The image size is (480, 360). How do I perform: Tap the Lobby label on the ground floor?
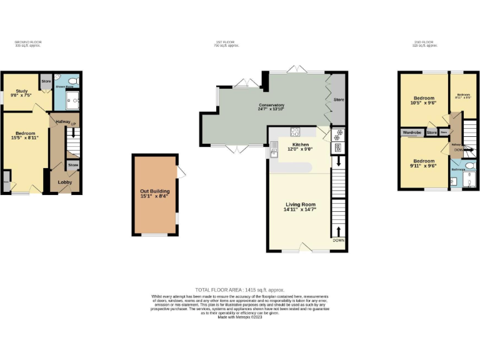pyautogui.click(x=65, y=182)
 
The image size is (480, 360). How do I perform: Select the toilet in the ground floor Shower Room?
pyautogui.click(x=72, y=82)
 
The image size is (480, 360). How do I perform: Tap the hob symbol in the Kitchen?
pyautogui.click(x=295, y=132)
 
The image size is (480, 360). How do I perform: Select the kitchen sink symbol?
pyautogui.click(x=274, y=152)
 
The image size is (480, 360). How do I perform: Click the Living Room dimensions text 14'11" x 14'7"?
pyautogui.click(x=300, y=210)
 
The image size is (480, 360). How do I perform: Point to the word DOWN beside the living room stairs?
pyautogui.click(x=338, y=241)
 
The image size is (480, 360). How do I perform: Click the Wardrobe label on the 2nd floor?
pyautogui.click(x=411, y=132)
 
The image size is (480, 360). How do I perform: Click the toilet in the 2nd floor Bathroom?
pyautogui.click(x=469, y=166)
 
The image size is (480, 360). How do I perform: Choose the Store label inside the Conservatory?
pyautogui.click(x=339, y=99)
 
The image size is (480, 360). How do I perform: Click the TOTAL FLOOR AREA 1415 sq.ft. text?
pyautogui.click(x=239, y=290)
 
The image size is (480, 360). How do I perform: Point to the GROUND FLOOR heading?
pyautogui.click(x=27, y=42)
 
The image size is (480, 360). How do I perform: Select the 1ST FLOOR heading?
pyautogui.click(x=226, y=42)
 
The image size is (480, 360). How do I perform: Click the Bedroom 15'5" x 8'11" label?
pyautogui.click(x=25, y=136)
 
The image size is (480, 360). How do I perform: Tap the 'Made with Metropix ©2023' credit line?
pyautogui.click(x=239, y=317)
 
